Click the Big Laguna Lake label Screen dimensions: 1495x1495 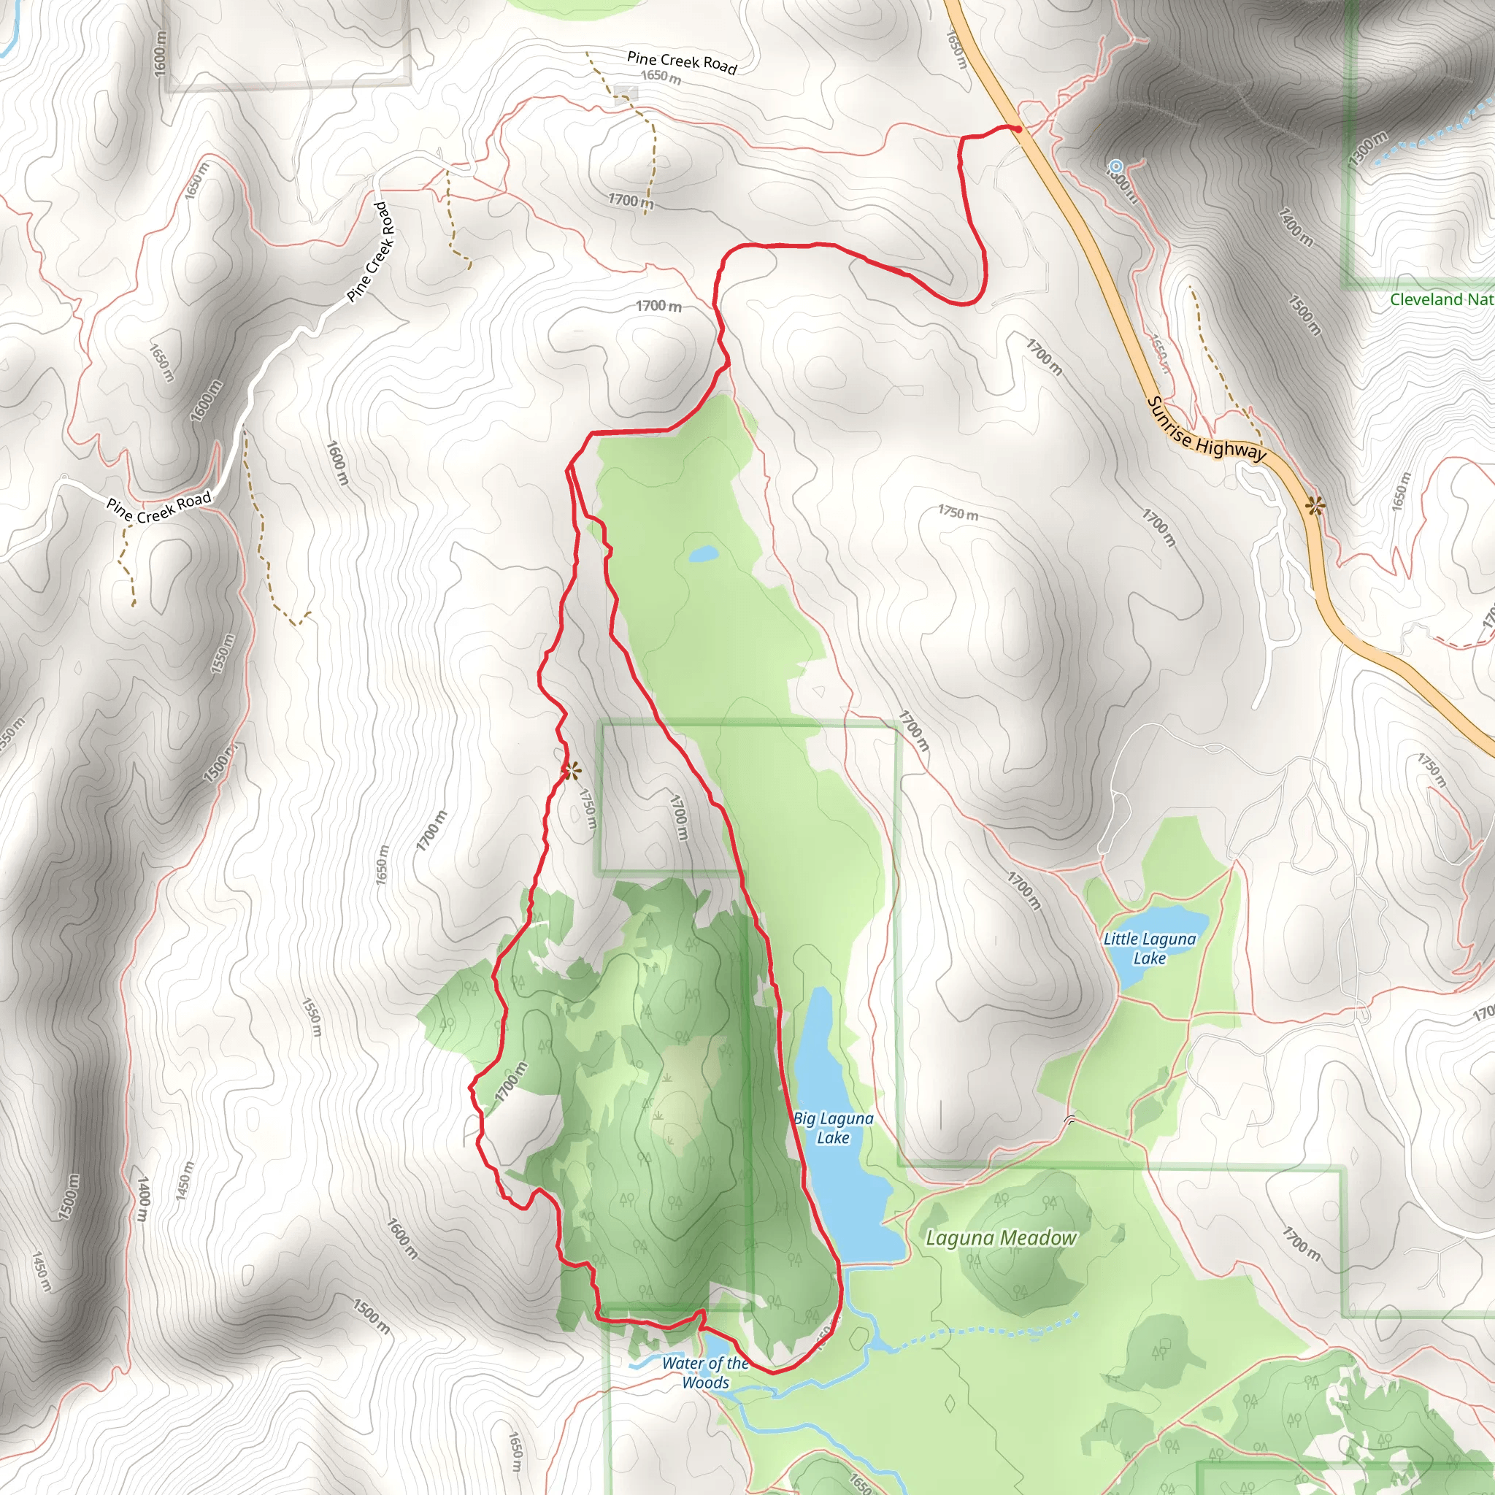click(833, 1129)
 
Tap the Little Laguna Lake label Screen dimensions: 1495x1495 click(1149, 949)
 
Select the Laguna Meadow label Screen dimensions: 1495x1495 click(1001, 1239)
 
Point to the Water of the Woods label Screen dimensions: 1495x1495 click(705, 1373)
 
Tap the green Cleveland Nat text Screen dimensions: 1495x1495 click(1441, 300)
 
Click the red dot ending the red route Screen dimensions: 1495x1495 click(1019, 129)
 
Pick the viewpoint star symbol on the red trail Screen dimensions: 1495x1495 click(571, 771)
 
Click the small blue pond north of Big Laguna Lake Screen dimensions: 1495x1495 click(704, 554)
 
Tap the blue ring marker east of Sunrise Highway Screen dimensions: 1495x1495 click(1116, 166)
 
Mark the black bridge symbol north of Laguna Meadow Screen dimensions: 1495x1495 click(1071, 1119)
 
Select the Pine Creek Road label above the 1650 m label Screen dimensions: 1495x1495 click(682, 62)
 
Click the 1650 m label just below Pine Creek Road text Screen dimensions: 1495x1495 click(661, 77)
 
